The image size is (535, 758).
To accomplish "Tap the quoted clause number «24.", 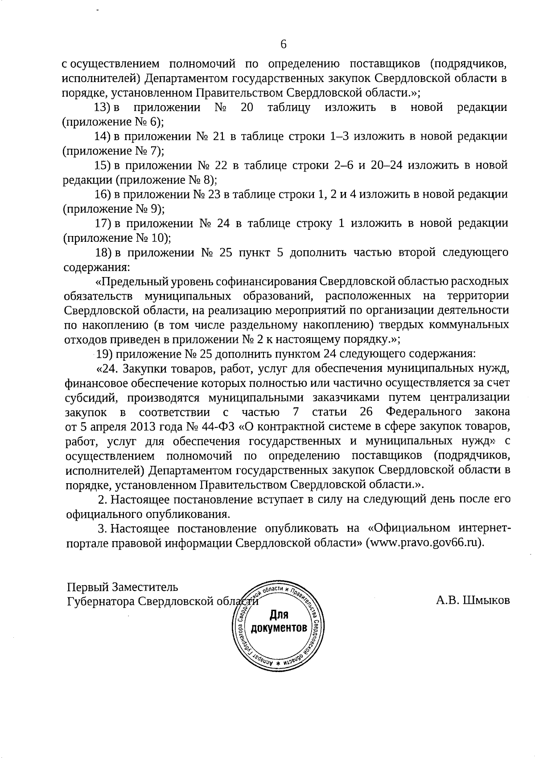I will click(107, 369).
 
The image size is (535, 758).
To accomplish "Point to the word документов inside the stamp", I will click(279, 628).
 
